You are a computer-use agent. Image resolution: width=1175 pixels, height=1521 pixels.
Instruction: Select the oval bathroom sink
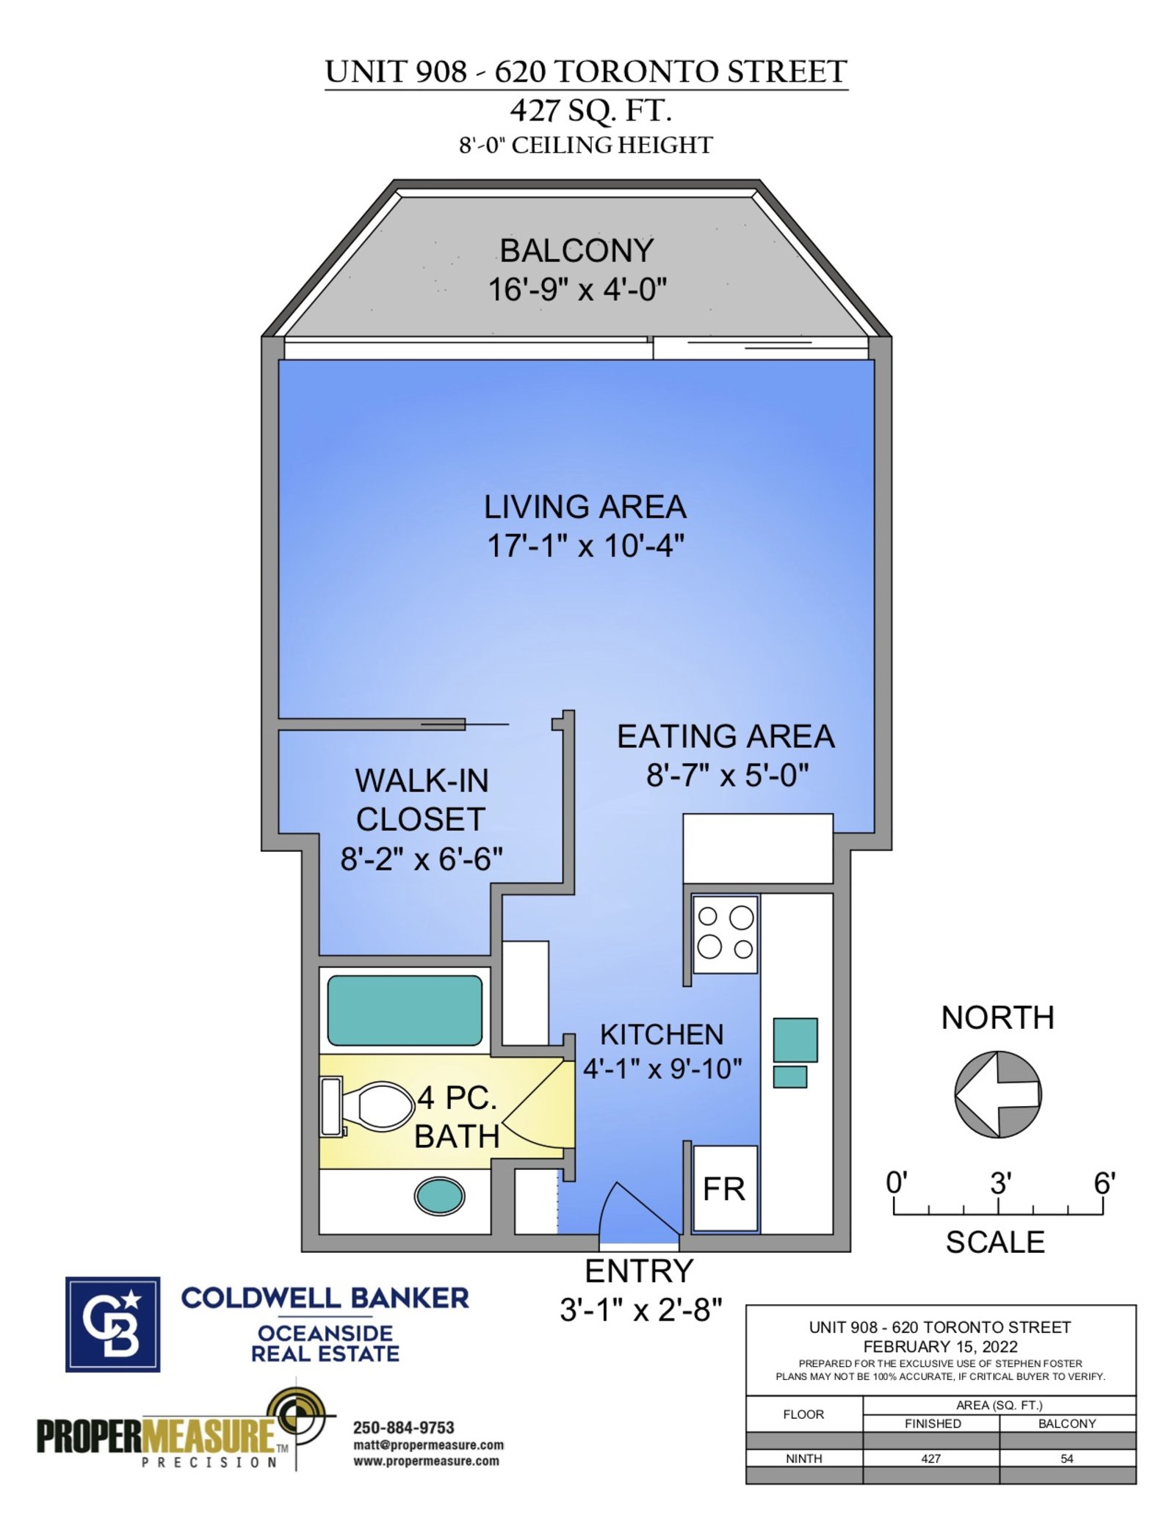point(439,1196)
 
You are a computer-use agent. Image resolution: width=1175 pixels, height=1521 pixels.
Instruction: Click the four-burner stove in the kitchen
point(725,933)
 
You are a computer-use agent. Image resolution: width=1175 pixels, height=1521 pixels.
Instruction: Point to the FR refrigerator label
point(723,1189)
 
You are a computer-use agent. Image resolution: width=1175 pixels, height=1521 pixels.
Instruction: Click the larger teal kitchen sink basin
point(795,1039)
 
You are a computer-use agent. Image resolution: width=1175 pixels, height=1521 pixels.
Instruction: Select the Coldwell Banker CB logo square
point(112,1324)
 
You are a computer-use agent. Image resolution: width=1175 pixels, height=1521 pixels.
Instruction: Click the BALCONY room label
point(576,251)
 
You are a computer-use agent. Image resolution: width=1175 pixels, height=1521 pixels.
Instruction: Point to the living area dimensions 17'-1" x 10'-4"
point(585,546)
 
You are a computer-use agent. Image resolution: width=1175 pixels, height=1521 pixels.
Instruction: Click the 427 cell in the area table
point(930,1459)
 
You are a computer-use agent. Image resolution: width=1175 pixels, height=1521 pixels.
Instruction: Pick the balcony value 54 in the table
point(1066,1459)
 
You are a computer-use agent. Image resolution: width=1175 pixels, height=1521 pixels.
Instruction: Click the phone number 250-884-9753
point(403,1428)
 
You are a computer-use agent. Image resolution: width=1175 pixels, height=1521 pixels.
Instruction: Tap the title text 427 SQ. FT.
point(590,112)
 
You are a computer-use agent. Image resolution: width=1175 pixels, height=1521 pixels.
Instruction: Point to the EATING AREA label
point(726,737)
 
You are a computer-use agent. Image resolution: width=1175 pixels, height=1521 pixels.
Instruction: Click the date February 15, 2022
point(940,1347)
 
